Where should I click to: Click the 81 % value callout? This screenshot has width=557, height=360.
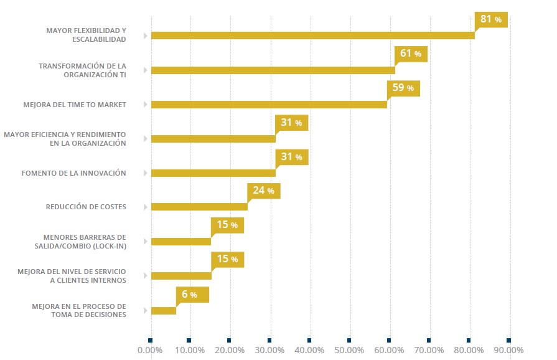pyautogui.click(x=491, y=19)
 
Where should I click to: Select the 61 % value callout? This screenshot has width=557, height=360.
pyautogui.click(x=411, y=54)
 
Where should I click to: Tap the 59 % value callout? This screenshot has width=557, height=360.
pyautogui.click(x=403, y=88)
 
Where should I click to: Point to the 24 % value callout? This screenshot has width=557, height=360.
pyautogui.click(x=263, y=191)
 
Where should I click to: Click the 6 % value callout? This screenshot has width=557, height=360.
pyautogui.click(x=192, y=294)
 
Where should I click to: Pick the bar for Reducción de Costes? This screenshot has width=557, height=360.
pyautogui.click(x=199, y=207)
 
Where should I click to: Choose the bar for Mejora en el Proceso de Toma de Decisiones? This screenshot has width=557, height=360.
pyautogui.click(x=164, y=310)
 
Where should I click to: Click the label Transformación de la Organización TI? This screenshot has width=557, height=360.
pyautogui.click(x=82, y=70)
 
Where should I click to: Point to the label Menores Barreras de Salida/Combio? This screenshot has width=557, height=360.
pyautogui.click(x=85, y=241)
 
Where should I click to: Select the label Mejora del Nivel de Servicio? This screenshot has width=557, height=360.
pyautogui.click(x=72, y=275)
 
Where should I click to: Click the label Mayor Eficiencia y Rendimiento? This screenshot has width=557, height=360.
pyautogui.click(x=65, y=138)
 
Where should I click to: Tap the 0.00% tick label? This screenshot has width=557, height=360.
pyautogui.click(x=150, y=350)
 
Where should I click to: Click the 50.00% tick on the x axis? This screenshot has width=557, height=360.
pyautogui.click(x=349, y=350)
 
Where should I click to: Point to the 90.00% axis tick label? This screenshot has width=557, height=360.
pyautogui.click(x=508, y=350)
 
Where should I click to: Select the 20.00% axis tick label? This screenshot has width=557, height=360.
pyautogui.click(x=230, y=350)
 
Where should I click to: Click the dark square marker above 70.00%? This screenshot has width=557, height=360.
pyautogui.click(x=429, y=340)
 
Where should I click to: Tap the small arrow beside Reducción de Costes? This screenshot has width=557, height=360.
pyautogui.click(x=145, y=207)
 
